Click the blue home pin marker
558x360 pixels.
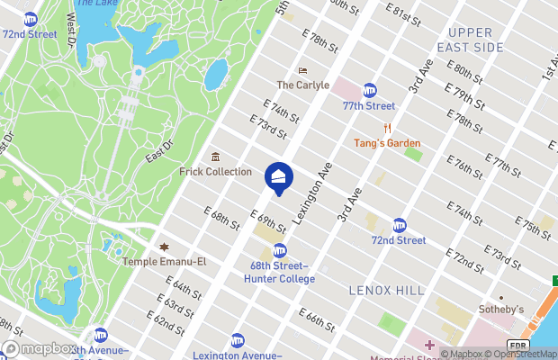coord(278,176)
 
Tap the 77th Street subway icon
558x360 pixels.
coord(369,91)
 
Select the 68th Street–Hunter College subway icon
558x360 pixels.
coord(280,250)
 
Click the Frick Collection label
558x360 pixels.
coord(215,171)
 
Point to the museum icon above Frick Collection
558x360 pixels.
coord(215,157)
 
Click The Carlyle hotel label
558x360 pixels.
coord(302,85)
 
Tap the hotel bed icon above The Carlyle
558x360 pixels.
coord(302,71)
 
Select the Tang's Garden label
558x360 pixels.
coord(387,143)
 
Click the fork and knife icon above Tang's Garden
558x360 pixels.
coord(387,129)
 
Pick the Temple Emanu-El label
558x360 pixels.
coord(165,261)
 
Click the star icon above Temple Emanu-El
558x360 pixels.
coord(164,247)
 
